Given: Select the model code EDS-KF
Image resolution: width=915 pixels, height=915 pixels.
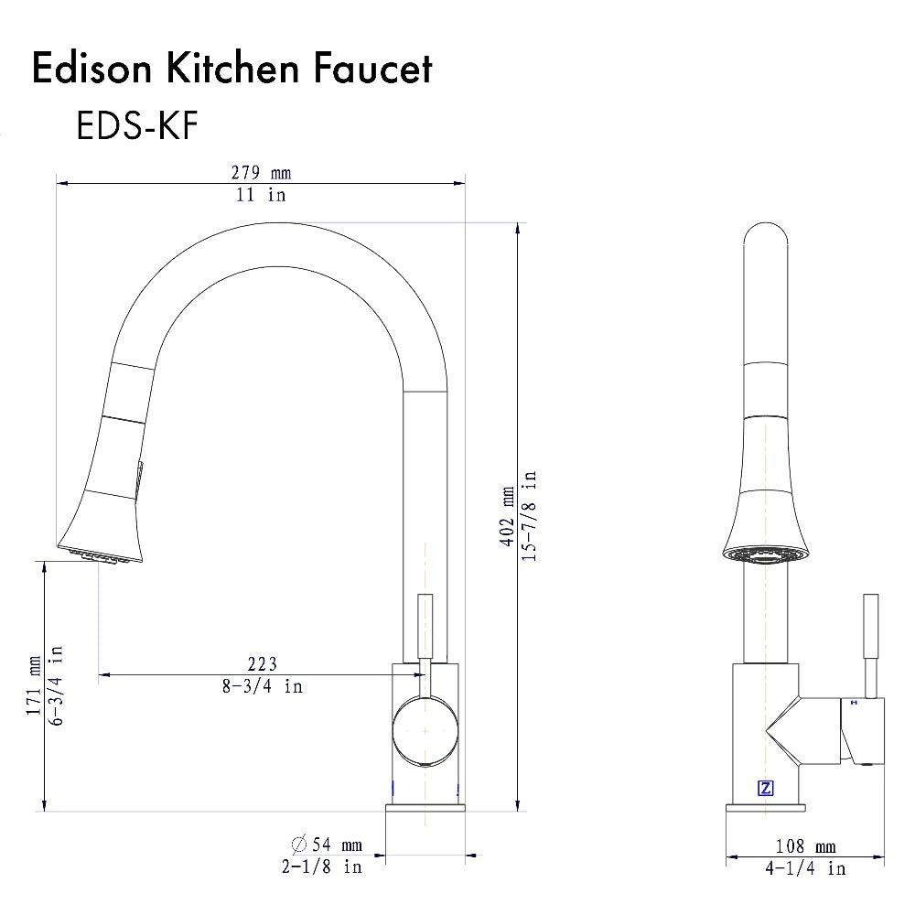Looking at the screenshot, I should click(x=136, y=126).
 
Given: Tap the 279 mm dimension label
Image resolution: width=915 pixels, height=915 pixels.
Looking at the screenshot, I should click(x=261, y=173).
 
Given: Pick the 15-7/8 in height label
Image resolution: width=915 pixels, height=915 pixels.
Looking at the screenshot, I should click(x=530, y=517).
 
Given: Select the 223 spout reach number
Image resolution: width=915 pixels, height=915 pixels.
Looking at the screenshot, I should click(x=262, y=663).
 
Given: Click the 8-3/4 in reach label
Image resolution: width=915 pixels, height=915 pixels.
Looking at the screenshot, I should click(x=262, y=686).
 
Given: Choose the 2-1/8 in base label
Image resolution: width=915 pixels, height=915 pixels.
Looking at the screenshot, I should click(x=322, y=867).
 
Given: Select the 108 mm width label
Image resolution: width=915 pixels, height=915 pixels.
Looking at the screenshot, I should click(x=805, y=847).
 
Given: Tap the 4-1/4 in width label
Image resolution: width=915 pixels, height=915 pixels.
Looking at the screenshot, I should click(x=805, y=868).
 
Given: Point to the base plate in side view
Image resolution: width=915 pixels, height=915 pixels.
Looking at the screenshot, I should click(x=767, y=808).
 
